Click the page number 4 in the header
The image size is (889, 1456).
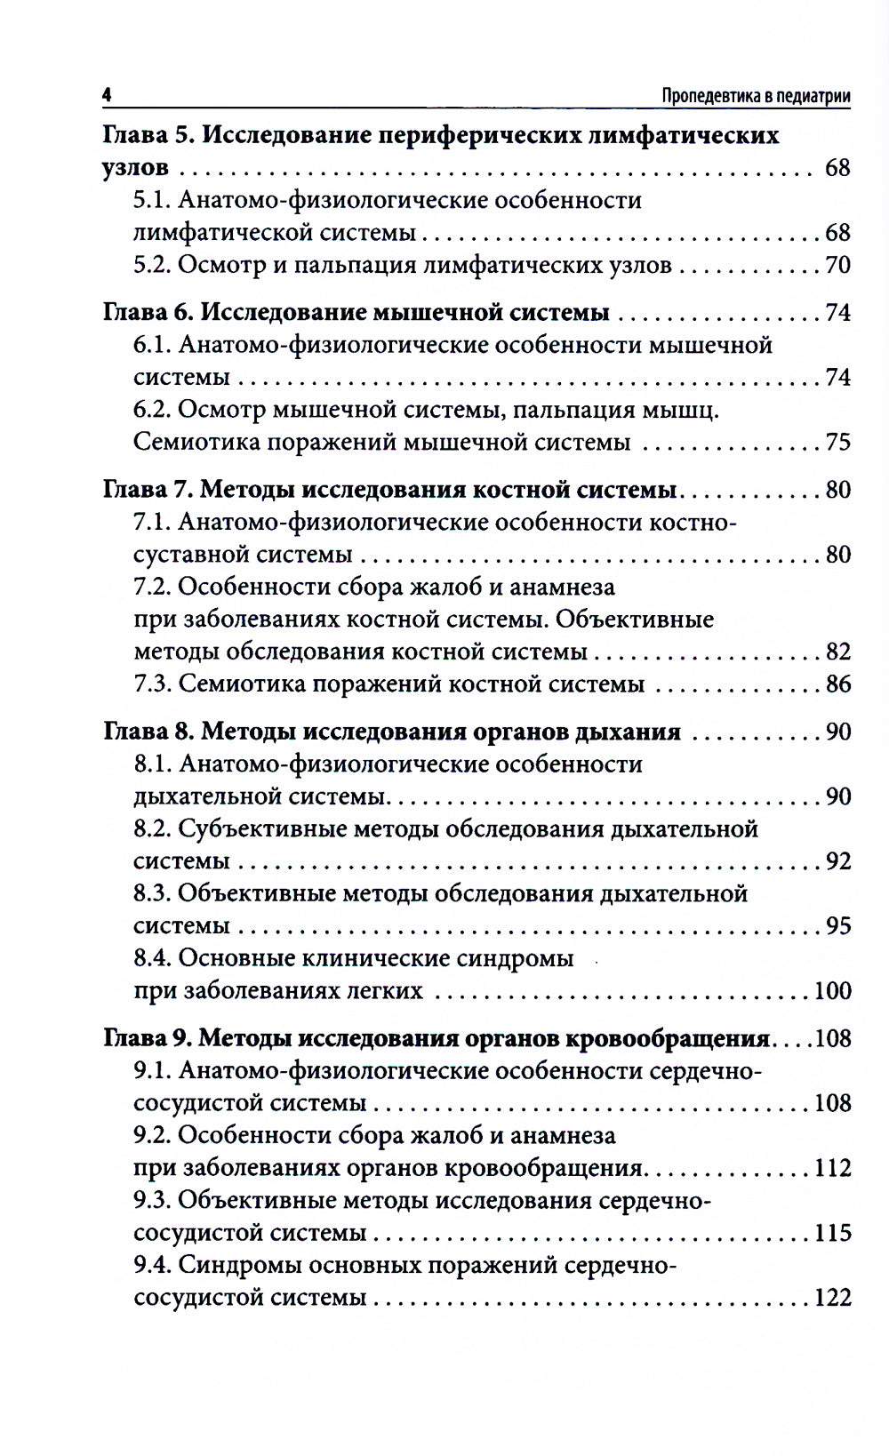pos(107,95)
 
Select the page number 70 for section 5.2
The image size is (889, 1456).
pos(837,265)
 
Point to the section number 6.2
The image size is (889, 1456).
pos(152,410)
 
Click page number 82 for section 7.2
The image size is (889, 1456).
pos(837,652)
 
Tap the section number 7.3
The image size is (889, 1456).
pos(152,684)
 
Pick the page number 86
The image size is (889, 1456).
pos(837,684)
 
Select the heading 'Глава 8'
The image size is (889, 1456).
pos(148,732)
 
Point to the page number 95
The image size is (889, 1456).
pos(837,925)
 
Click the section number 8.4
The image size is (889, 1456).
pos(152,958)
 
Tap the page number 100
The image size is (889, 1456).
pos(832,990)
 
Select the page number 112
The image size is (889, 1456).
pos(832,1168)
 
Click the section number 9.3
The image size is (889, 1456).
pos(152,1200)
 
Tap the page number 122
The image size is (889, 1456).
pos(832,1298)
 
